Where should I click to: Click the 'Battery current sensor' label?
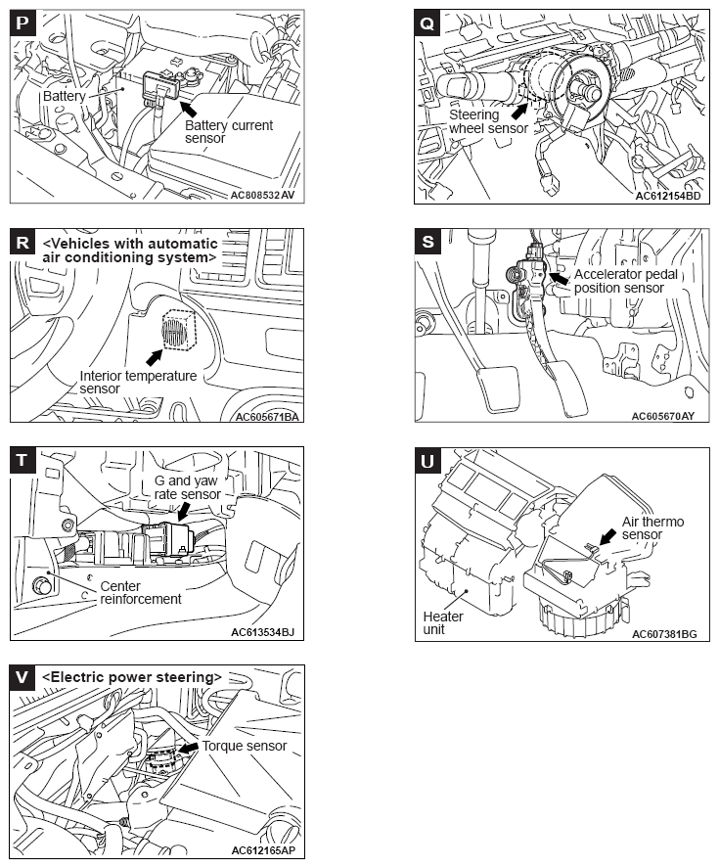tap(229, 133)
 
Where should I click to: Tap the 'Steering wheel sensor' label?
tap(488, 121)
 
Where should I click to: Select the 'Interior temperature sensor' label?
tap(138, 383)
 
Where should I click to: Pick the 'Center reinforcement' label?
tap(140, 592)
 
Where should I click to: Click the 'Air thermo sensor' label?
tap(653, 528)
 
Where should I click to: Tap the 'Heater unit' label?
tap(443, 623)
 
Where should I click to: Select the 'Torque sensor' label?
tap(245, 746)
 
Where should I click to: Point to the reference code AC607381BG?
tap(664, 634)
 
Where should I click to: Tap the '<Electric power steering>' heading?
tap(132, 676)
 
